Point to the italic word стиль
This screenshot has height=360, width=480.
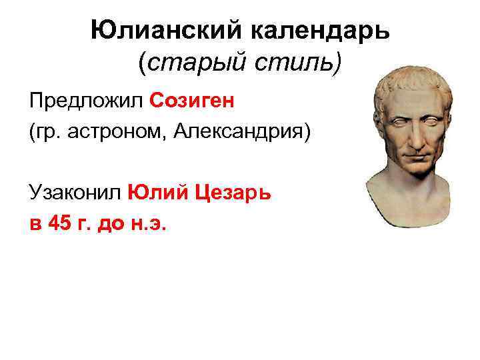293,65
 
